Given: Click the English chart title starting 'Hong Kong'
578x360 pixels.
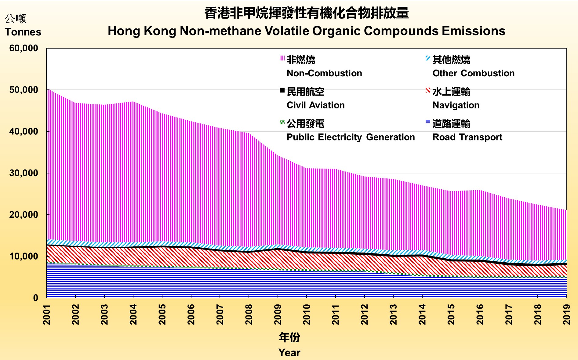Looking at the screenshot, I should [306, 31].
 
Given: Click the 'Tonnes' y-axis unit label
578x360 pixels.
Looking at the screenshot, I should [23, 32].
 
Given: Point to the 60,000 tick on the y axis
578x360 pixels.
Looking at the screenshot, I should [24, 48].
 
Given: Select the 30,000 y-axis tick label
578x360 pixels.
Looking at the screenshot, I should [24, 173].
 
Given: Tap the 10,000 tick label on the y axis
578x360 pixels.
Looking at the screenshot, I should [24, 256].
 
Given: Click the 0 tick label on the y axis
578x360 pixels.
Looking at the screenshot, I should [36, 298].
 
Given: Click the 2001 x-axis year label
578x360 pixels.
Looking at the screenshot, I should [47, 315].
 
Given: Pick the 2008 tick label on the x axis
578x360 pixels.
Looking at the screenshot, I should [249, 315].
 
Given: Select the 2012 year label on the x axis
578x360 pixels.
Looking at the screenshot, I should [365, 315].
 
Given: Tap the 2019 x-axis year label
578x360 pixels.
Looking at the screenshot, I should [567, 315].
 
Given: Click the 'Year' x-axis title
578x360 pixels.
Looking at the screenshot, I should [289, 353].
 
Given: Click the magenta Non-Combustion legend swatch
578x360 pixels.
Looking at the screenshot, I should [282, 58].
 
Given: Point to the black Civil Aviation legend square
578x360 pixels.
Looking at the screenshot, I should [282, 90].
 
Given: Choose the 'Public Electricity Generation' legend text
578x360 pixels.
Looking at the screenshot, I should [351, 137].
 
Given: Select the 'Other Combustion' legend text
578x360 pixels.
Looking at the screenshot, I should [473, 73].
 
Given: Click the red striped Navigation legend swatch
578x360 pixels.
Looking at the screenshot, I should [428, 90].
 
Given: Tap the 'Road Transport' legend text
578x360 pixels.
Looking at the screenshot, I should [467, 137].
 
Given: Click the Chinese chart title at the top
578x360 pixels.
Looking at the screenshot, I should [306, 13].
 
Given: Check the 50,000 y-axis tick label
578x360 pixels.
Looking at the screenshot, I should [24, 90].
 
